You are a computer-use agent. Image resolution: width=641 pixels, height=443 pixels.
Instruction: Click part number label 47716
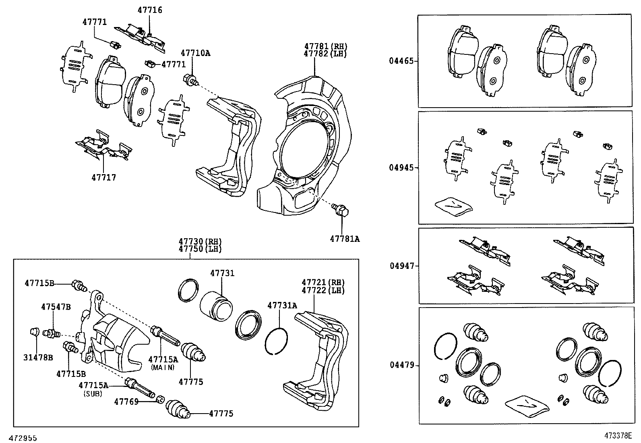150,10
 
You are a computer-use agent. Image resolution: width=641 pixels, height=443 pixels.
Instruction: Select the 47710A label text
195,53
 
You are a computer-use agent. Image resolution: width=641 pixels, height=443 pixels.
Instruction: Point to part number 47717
103,177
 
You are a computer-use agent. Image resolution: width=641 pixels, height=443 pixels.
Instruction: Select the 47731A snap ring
277,340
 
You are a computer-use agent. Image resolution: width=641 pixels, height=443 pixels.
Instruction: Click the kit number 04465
401,61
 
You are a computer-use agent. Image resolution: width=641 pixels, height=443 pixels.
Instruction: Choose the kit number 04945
401,168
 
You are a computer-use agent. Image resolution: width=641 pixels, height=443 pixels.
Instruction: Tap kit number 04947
401,266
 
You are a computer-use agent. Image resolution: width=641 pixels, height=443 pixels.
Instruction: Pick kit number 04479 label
401,365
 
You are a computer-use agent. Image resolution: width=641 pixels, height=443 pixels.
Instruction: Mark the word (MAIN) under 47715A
163,367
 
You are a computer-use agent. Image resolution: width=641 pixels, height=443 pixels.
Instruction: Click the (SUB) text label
93,394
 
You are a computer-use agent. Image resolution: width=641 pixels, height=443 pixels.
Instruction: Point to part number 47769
126,401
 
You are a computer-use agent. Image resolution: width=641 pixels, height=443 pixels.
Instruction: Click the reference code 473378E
618,435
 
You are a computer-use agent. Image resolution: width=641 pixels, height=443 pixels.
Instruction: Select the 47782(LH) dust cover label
325,54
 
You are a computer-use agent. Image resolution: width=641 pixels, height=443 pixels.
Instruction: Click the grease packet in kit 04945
453,205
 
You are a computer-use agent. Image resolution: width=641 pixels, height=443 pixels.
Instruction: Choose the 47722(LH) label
323,290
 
